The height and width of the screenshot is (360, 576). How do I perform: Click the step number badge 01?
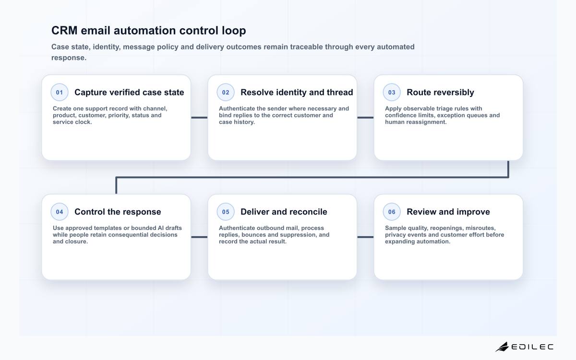point(60,92)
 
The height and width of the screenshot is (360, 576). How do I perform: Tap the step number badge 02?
point(226,92)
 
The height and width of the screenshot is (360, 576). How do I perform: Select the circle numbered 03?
point(392,92)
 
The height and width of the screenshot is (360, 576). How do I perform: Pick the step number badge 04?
point(60,212)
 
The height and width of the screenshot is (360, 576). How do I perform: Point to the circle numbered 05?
point(226,212)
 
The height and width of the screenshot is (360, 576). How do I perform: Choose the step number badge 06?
point(392,212)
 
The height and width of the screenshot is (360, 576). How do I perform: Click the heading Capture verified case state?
point(129,92)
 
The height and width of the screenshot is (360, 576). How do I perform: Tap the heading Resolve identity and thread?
point(297,92)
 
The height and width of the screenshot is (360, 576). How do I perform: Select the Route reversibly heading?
point(440,92)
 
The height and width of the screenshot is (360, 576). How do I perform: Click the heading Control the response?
point(118,212)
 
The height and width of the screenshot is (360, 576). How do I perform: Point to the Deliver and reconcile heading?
point(284,212)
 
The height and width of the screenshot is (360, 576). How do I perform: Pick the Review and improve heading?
point(448,212)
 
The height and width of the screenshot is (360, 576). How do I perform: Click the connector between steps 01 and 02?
point(199,118)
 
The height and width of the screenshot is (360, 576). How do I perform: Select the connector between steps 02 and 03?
point(365,118)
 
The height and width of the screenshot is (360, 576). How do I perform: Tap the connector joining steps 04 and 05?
point(199,237)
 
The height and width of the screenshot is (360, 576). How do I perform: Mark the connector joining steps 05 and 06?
point(365,237)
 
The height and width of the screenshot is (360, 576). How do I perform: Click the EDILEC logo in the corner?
point(525,347)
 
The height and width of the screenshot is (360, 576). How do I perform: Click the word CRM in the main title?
point(64,30)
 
